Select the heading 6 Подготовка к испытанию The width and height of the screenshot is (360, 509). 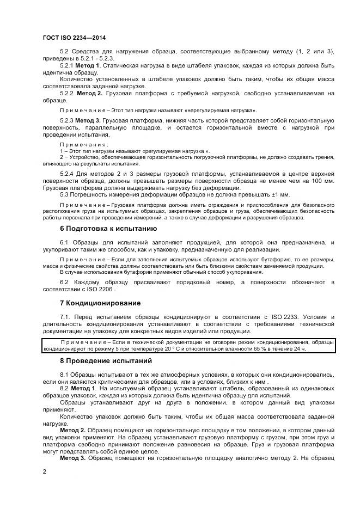pyautogui.click(x=108, y=229)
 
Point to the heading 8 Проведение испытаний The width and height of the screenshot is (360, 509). pyautogui.click(x=107, y=361)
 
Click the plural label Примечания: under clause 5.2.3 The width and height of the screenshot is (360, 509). pyautogui.click(x=80, y=144)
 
